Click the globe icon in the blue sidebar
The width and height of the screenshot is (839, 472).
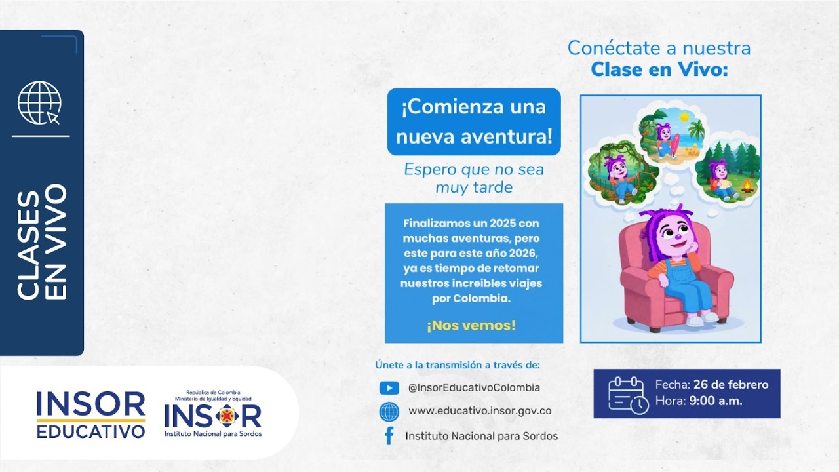[39, 103]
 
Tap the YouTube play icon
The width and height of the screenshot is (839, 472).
[389, 388]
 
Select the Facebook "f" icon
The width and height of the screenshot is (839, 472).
[389, 436]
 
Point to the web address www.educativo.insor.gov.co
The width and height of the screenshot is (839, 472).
[480, 412]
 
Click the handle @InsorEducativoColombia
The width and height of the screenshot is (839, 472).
[474, 388]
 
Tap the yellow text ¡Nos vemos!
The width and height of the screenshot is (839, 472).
[471, 326]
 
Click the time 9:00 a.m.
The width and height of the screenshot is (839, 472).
[716, 401]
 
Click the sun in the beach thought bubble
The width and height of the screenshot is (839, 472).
[684, 117]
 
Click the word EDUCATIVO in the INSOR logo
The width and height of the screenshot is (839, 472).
[90, 432]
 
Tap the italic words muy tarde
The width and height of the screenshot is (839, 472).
[474, 188]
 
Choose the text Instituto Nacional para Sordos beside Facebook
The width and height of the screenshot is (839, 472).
[481, 436]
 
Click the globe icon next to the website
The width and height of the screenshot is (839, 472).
[389, 412]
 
